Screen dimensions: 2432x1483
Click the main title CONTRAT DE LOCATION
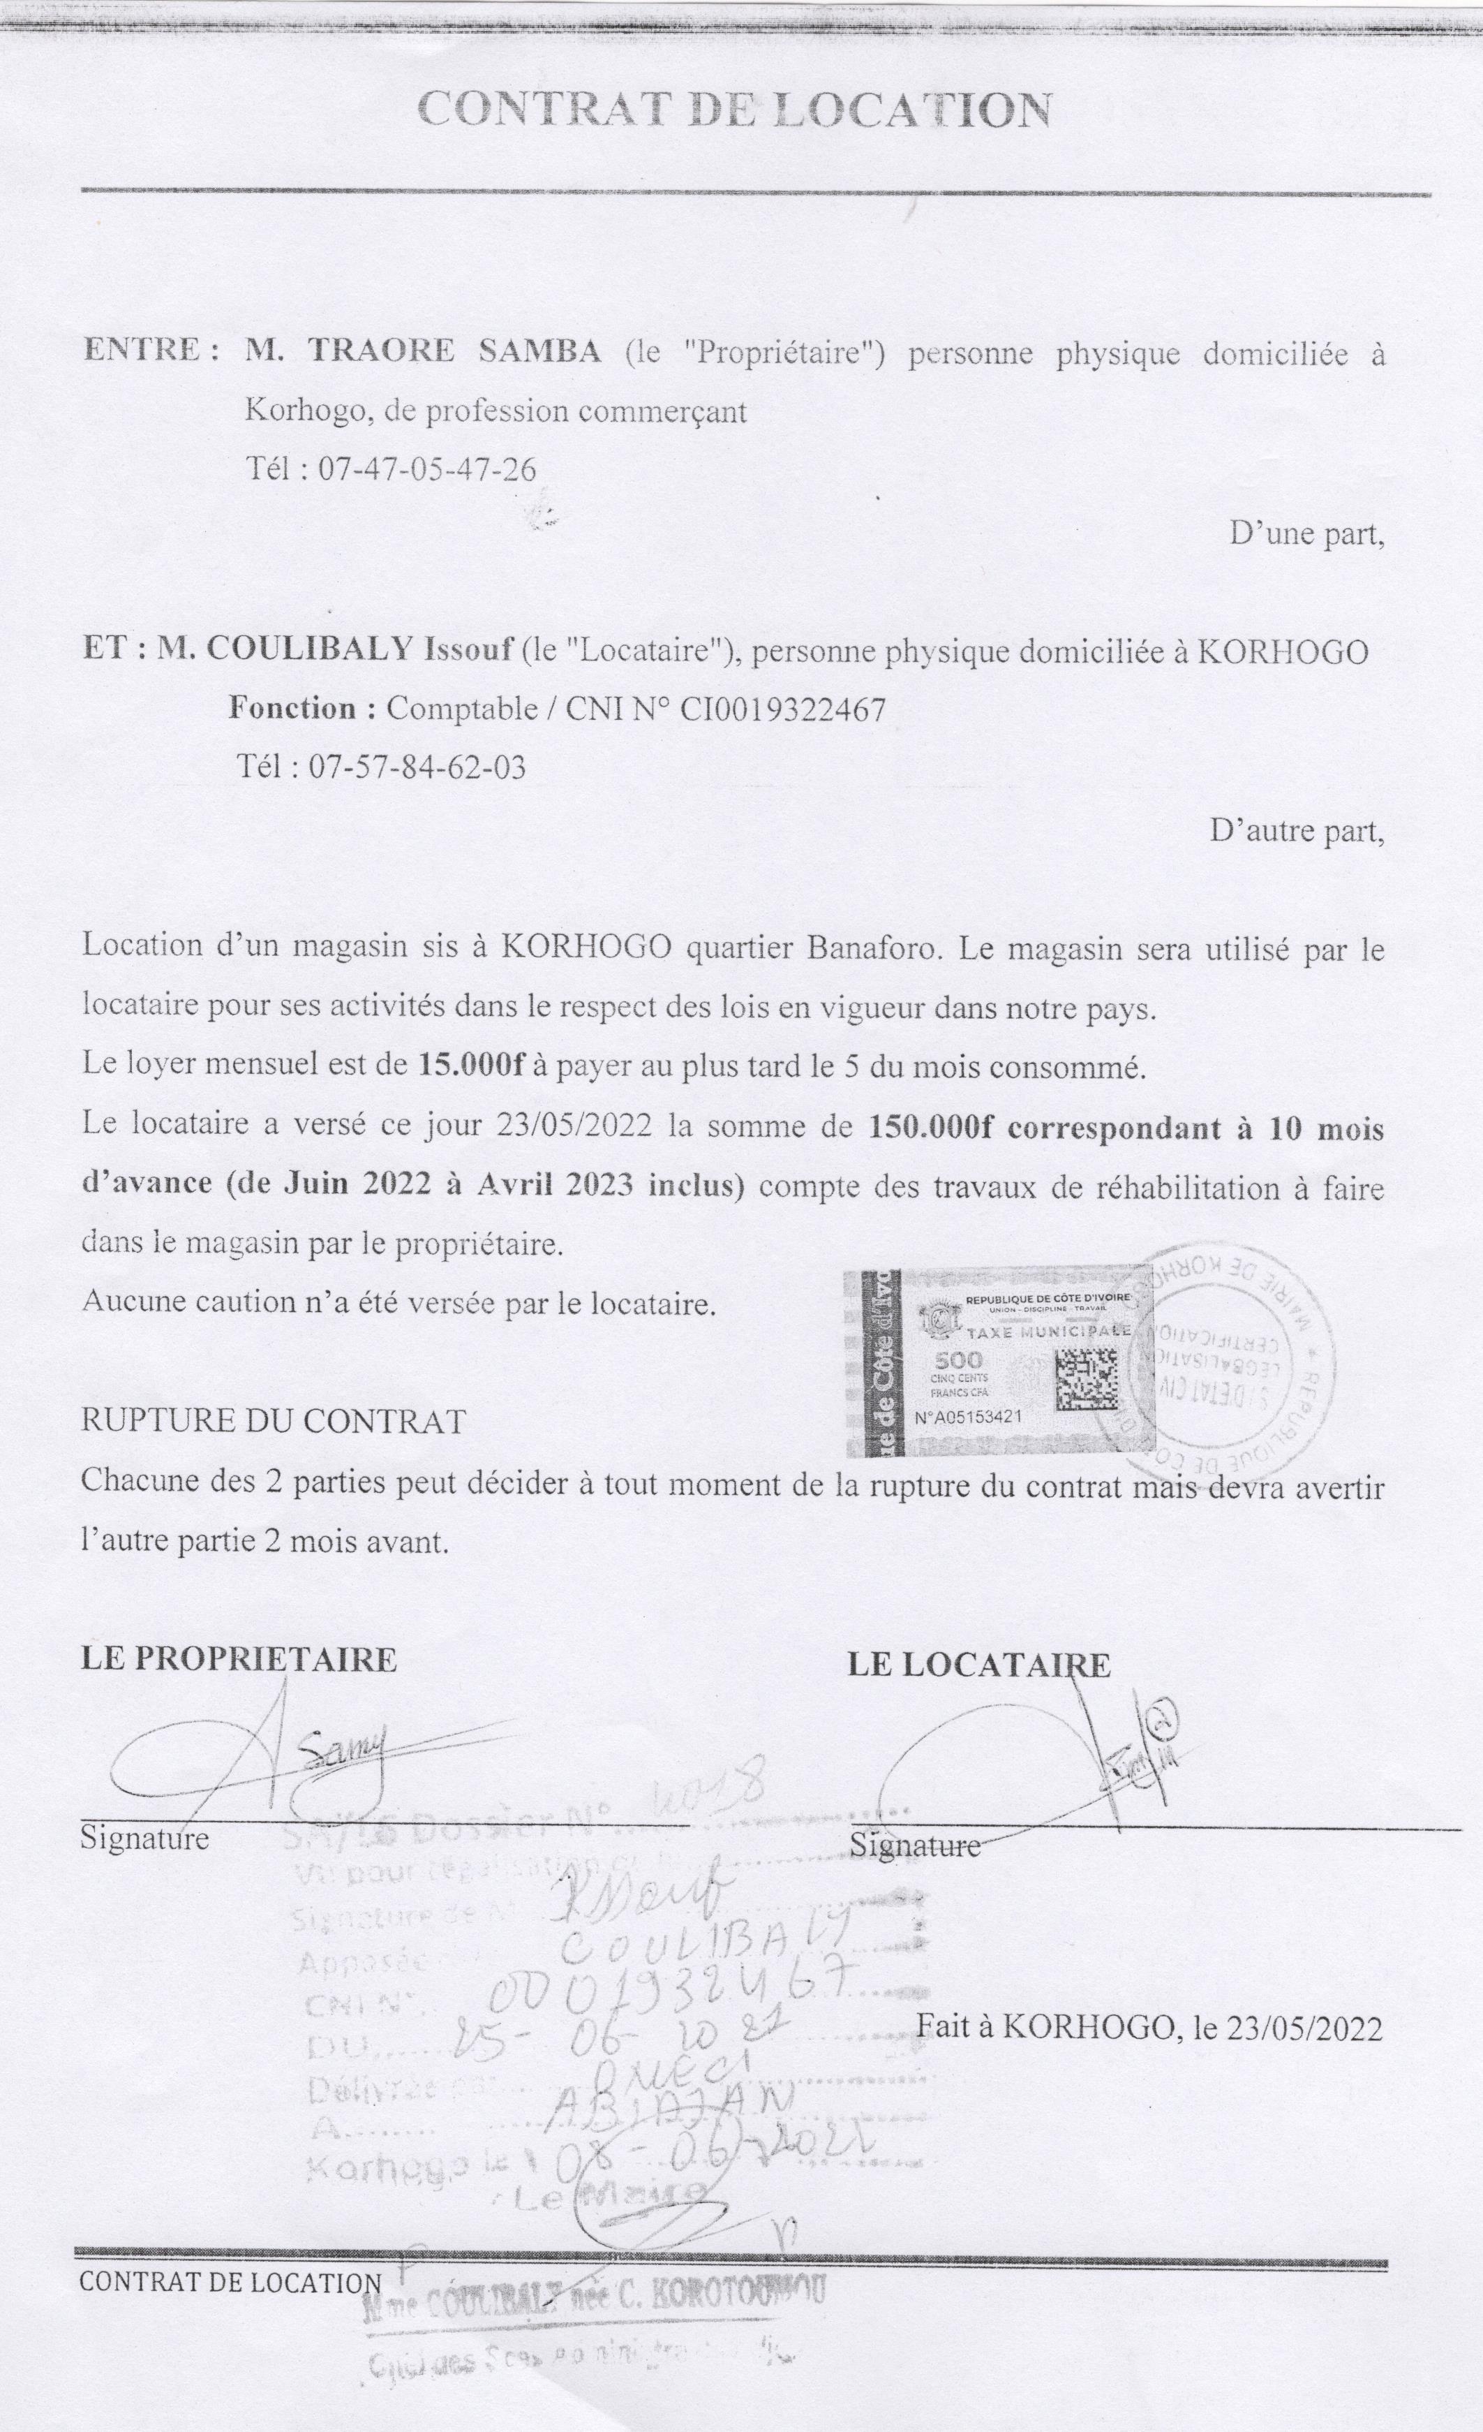coord(735,110)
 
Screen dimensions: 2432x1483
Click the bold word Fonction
coord(292,709)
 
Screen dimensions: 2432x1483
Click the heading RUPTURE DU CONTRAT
coord(274,1422)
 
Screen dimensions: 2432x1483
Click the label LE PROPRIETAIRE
coord(239,1658)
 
